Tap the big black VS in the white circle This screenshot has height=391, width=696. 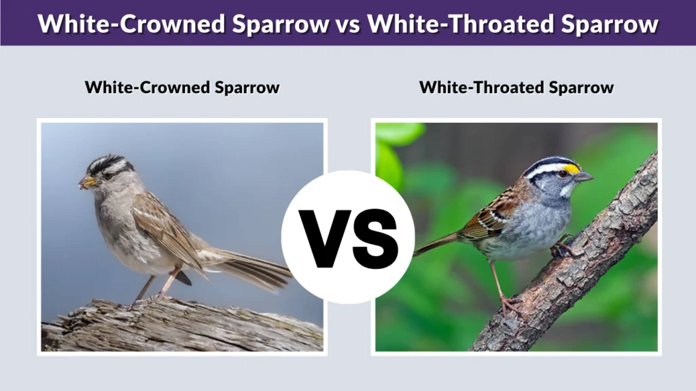point(348,237)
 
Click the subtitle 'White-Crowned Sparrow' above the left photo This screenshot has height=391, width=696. point(182,88)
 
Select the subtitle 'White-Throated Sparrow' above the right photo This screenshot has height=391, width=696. point(517,88)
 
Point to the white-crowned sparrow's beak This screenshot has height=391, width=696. point(87,182)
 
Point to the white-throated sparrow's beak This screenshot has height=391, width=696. point(584,177)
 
